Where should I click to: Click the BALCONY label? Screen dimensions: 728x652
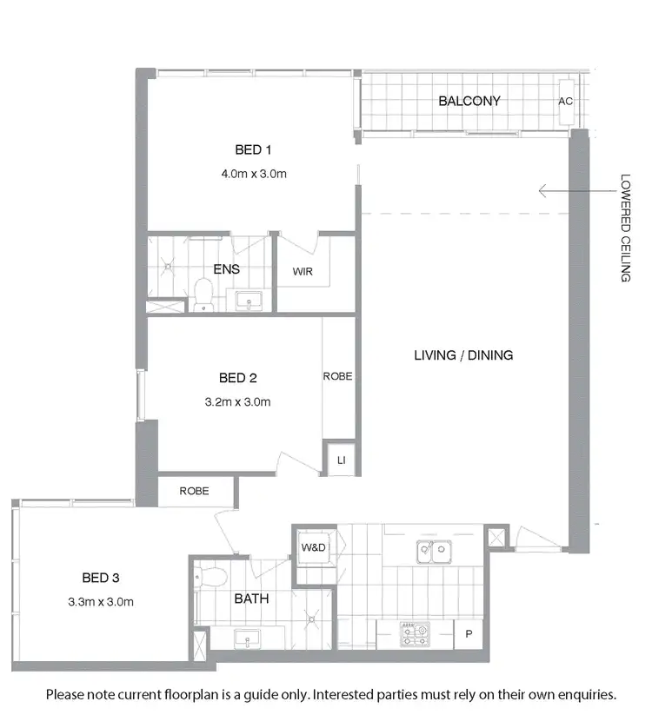(x=469, y=101)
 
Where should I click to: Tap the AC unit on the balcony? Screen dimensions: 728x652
(x=566, y=101)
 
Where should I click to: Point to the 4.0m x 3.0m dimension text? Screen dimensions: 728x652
(x=254, y=174)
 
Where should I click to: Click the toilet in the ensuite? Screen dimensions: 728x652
(x=203, y=294)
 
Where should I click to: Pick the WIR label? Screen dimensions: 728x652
(x=303, y=272)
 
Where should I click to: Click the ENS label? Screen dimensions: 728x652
(x=227, y=269)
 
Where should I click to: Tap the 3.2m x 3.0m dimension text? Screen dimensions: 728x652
(x=238, y=402)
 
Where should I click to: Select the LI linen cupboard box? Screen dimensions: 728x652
(x=339, y=458)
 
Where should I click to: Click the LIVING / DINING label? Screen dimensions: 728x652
(x=463, y=354)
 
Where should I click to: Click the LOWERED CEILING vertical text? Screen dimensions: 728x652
(x=625, y=228)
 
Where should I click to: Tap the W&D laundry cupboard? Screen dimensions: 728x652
(x=313, y=548)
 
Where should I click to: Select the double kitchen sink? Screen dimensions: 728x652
(x=432, y=549)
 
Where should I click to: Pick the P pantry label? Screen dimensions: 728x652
(x=469, y=634)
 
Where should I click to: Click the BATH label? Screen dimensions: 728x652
(x=251, y=599)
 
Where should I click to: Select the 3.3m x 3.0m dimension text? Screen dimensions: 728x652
(x=101, y=601)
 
